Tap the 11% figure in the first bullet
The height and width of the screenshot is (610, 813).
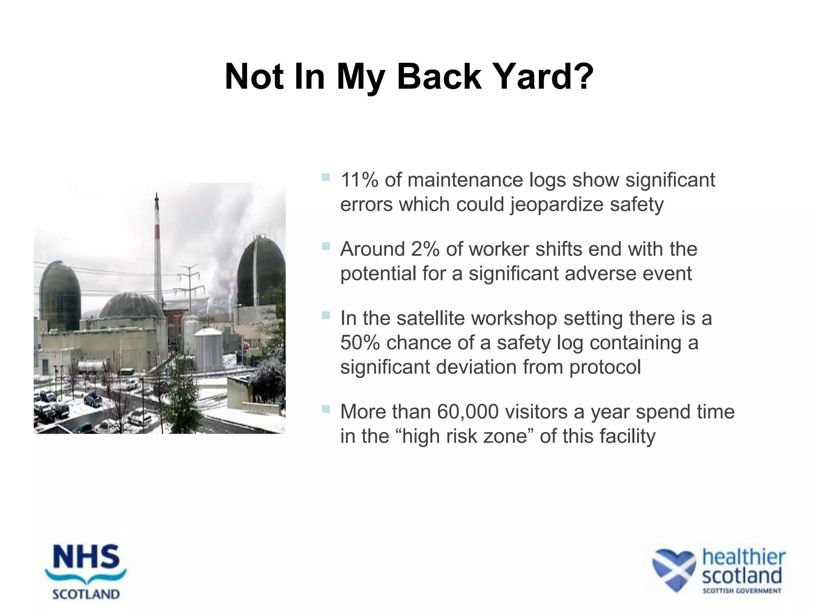pyautogui.click(x=359, y=180)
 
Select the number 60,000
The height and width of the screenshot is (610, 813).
pyautogui.click(x=468, y=412)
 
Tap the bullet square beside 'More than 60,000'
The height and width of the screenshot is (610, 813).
pyautogui.click(x=326, y=409)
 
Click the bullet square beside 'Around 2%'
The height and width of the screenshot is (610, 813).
pyautogui.click(x=326, y=246)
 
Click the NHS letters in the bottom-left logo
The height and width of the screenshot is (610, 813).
pyautogui.click(x=86, y=557)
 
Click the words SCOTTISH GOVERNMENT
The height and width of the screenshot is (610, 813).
pyautogui.click(x=742, y=591)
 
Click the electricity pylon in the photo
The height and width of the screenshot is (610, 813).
pyautogui.click(x=190, y=286)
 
